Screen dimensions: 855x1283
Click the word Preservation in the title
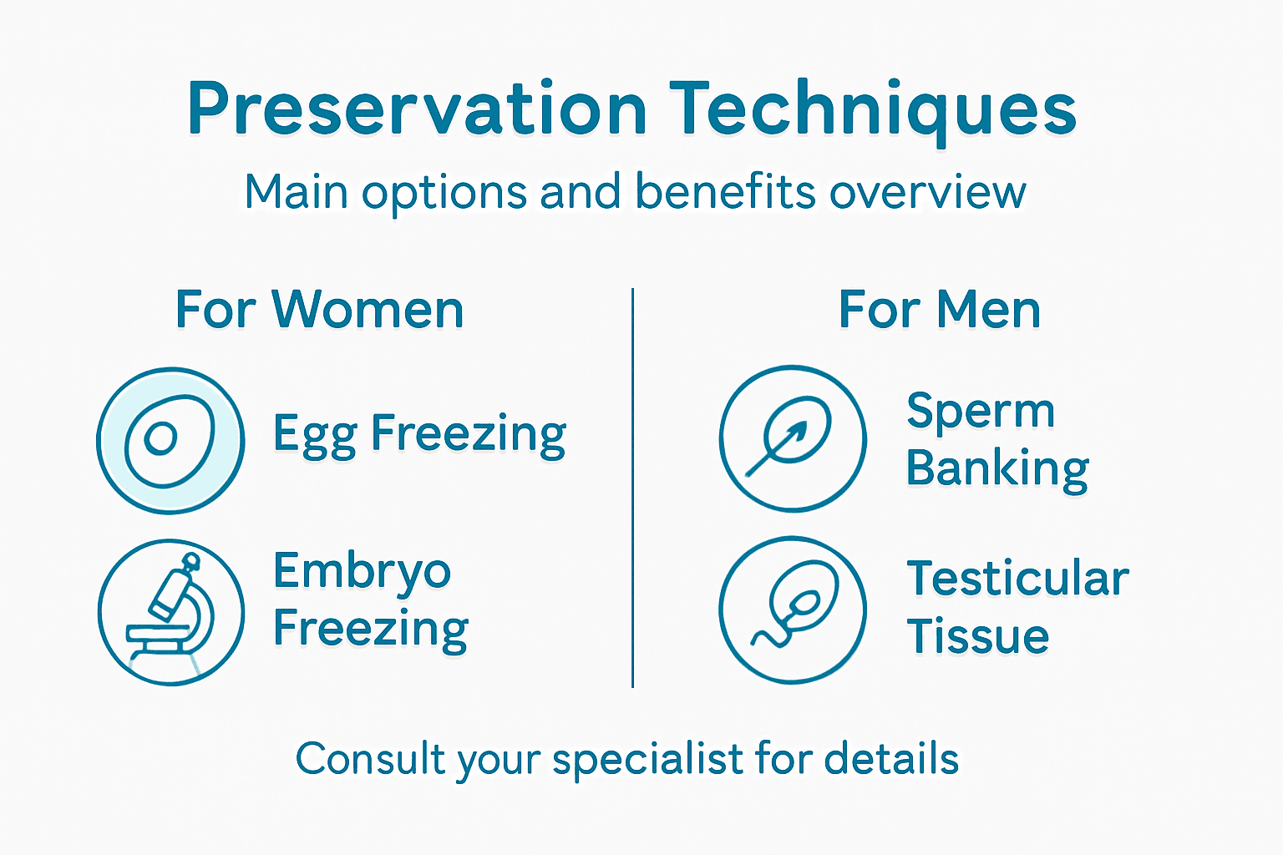click(x=417, y=109)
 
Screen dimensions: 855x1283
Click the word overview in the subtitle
click(x=927, y=192)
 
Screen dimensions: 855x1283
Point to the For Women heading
click(x=319, y=310)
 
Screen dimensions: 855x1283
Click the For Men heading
click(x=940, y=310)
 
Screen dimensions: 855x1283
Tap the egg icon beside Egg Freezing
click(x=170, y=440)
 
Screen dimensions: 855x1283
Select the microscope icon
click(x=171, y=612)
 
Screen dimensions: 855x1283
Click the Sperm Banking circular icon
click(x=793, y=438)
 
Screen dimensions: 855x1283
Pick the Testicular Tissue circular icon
click(x=793, y=610)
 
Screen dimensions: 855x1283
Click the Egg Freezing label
click(x=419, y=434)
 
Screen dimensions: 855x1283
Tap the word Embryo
click(x=362, y=573)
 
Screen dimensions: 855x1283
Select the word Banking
click(x=997, y=469)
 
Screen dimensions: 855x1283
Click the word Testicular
click(x=1017, y=578)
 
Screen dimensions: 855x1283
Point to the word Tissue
click(x=977, y=636)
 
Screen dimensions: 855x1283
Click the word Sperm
click(x=981, y=412)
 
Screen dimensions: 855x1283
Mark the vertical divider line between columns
click(x=633, y=488)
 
